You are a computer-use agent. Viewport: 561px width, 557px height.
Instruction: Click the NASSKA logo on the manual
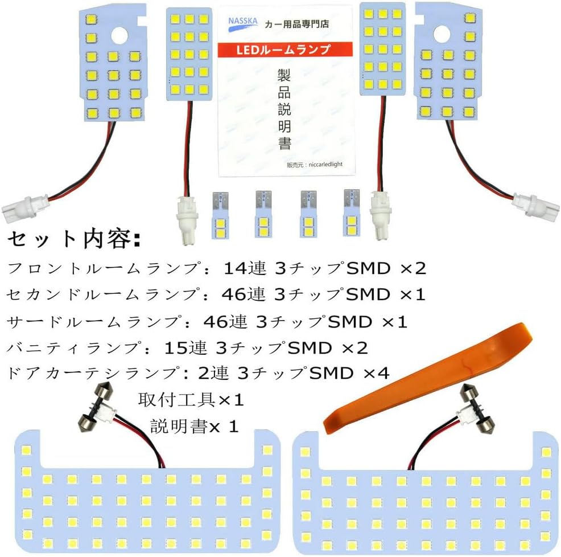242,24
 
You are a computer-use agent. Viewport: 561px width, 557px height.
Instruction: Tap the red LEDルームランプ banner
285,50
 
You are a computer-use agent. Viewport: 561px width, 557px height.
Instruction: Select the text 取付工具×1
191,400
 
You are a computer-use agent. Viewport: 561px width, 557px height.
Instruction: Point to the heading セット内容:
74,239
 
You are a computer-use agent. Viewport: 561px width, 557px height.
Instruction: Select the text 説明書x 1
194,426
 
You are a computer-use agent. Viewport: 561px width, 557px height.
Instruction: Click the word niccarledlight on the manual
325,164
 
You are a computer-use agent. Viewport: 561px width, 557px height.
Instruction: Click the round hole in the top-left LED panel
119,36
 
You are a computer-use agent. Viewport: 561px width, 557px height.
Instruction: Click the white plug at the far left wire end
24,208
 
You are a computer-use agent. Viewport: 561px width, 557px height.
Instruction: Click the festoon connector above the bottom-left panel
96,408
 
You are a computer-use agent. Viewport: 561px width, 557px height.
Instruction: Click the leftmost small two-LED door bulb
220,215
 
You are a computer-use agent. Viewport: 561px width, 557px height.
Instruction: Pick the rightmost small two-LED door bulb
352,213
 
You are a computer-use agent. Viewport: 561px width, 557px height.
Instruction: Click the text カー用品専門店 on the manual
296,24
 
